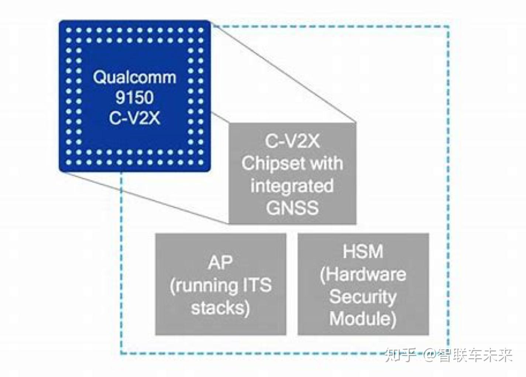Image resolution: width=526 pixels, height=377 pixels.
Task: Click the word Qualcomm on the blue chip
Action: coord(134,78)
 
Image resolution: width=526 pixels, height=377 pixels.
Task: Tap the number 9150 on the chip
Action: coord(134,97)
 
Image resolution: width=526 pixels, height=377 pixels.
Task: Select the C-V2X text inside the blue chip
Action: coord(134,118)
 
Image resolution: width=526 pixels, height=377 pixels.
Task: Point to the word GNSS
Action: coord(292,208)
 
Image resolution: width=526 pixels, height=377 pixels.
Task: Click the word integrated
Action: coord(292,185)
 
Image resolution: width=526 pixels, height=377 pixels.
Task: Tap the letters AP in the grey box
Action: coord(220,263)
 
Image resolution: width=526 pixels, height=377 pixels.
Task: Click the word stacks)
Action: coord(220,308)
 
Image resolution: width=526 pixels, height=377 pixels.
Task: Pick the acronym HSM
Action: coord(363,252)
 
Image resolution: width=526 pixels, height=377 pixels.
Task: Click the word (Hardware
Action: coord(363,274)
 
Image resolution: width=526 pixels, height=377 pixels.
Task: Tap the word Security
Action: coord(363,297)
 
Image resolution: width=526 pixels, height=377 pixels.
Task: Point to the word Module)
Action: coord(363,319)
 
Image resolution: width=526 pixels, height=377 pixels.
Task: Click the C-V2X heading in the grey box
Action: coord(292,141)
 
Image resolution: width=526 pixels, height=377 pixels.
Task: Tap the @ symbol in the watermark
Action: coord(429,356)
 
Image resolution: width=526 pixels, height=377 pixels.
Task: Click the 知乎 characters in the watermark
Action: coord(400,356)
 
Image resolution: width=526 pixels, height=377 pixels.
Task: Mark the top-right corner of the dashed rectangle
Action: coord(448,27)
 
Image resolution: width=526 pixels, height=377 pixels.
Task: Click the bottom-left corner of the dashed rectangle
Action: coord(121,353)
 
